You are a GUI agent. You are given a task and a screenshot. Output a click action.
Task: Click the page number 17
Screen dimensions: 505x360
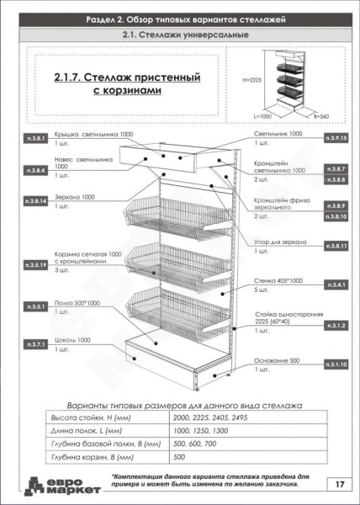click(x=337, y=484)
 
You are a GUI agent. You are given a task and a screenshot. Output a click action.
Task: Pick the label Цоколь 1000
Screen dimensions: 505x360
click(x=71, y=340)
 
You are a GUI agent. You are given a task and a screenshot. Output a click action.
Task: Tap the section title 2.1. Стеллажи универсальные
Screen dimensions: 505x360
click(x=179, y=35)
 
